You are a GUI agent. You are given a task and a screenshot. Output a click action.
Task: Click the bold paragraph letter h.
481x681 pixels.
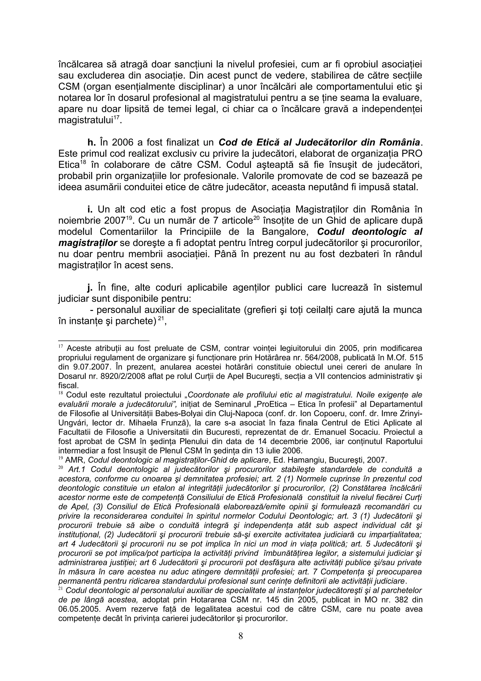tap(91, 143)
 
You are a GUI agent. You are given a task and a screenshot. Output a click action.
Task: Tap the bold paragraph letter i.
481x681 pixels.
tap(90, 210)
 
